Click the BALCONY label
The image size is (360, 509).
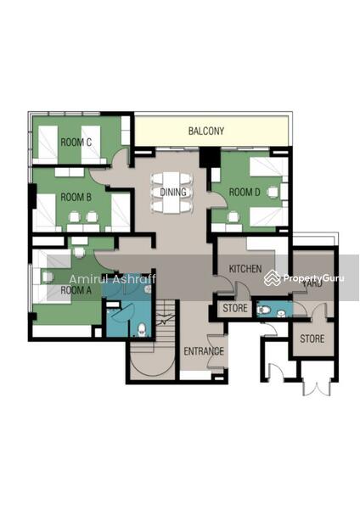[206, 131]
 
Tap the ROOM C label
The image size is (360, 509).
[76, 142]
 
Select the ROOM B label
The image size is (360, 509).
[76, 197]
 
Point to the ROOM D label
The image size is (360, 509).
[245, 193]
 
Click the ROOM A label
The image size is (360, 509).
[76, 290]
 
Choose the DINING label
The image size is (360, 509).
[173, 192]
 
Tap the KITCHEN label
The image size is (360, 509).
[245, 268]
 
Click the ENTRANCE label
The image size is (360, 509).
[204, 351]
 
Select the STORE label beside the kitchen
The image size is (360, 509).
[235, 308]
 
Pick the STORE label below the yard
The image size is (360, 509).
[312, 338]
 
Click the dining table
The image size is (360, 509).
[172, 193]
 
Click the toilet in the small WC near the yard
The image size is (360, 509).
[262, 310]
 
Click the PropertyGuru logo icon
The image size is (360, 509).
[272, 278]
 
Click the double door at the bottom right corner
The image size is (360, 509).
[316, 386]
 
